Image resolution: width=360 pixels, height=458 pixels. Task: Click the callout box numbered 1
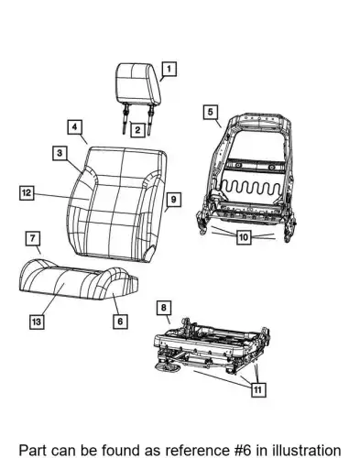tap(169, 69)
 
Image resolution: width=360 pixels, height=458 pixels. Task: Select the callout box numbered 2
tap(137, 130)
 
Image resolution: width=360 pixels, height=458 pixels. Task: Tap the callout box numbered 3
tap(60, 153)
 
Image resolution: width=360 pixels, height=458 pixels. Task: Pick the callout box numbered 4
tap(75, 126)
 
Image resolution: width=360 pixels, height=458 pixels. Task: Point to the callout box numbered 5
tap(211, 112)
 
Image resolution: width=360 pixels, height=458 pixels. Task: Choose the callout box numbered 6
tap(120, 321)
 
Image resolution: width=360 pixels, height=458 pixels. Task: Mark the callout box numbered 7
tap(33, 238)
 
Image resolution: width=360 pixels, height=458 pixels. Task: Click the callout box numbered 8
tap(164, 308)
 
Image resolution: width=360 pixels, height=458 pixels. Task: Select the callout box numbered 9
tap(173, 200)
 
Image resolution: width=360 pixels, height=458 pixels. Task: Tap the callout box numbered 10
tap(244, 237)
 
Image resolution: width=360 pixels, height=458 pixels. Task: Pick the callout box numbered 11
tap(257, 389)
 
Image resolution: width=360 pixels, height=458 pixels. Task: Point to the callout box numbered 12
tap(27, 192)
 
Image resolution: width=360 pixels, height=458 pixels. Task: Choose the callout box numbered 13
tap(37, 322)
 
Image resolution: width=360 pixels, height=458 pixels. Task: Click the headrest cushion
tap(138, 82)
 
